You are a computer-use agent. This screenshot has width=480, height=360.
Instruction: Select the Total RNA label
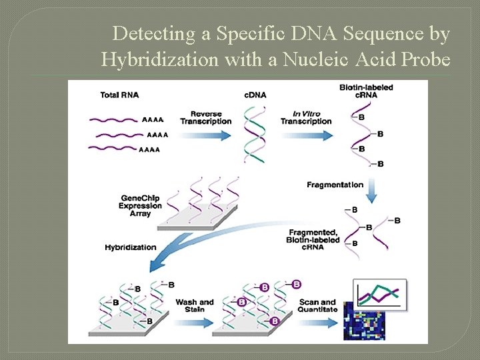(x=119, y=95)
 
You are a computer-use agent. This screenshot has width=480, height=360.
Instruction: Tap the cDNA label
(x=255, y=95)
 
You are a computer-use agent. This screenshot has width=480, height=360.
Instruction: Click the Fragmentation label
(x=335, y=185)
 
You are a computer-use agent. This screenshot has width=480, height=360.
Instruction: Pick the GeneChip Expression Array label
(x=141, y=205)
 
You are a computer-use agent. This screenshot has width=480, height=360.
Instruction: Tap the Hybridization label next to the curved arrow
(x=130, y=247)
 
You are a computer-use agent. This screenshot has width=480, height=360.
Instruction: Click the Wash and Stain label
(x=194, y=306)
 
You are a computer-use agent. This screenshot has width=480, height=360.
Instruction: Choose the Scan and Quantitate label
(x=317, y=306)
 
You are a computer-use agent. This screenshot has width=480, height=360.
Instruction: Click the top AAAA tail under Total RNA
(x=152, y=120)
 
